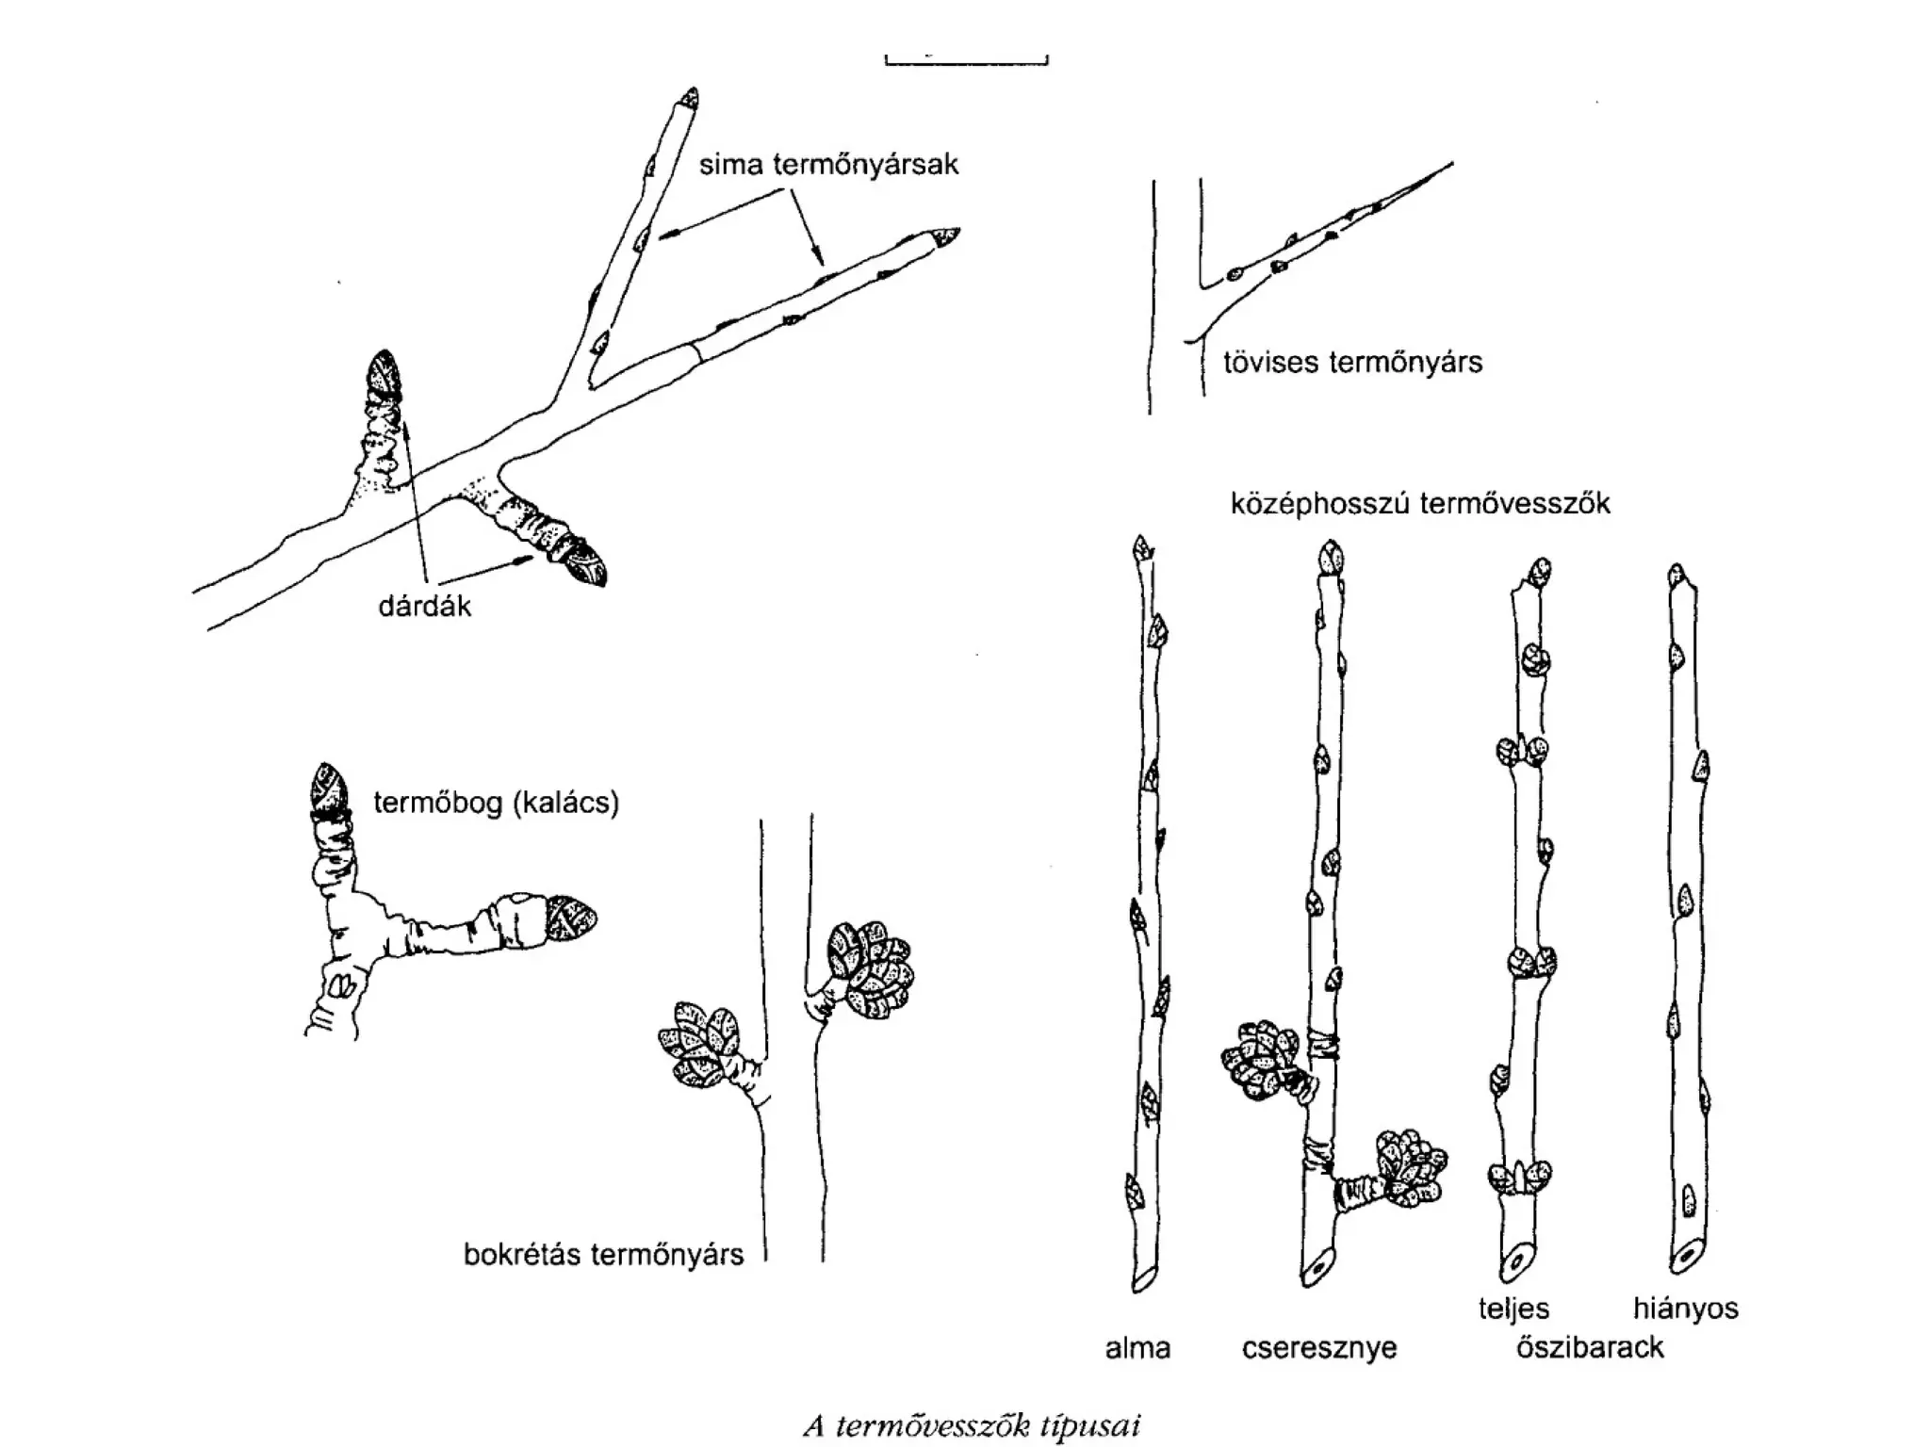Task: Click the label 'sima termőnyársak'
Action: tap(828, 165)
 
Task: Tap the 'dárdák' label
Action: tap(424, 606)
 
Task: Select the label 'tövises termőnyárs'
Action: tap(1352, 363)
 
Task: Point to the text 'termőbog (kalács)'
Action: tap(496, 803)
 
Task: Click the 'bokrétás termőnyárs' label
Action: tap(603, 1255)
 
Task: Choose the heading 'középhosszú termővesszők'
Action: tap(1420, 504)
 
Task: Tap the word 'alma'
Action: tap(1137, 1348)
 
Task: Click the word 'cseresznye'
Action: tap(1318, 1348)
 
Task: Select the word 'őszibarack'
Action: tap(1590, 1348)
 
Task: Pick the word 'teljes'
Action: tap(1513, 1309)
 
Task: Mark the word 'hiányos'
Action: tap(1685, 1309)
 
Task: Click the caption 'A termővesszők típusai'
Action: tap(972, 1426)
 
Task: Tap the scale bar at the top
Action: tap(967, 62)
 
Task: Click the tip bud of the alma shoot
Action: tap(1144, 549)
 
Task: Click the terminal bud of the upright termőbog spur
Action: tap(330, 787)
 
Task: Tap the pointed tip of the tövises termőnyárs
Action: tap(1449, 165)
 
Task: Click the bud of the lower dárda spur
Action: tap(580, 561)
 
